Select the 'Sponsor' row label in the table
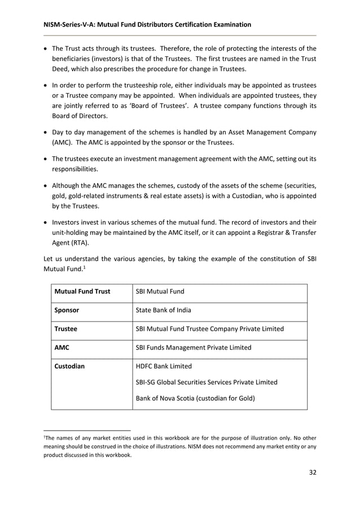(66, 310)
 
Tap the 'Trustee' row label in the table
(65, 329)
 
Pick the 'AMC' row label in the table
(62, 348)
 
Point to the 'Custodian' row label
(69, 366)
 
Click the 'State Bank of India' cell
(164, 310)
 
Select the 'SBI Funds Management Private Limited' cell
(194, 348)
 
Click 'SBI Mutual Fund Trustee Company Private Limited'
(210, 329)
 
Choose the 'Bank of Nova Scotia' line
(195, 398)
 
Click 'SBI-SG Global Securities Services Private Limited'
(207, 382)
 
